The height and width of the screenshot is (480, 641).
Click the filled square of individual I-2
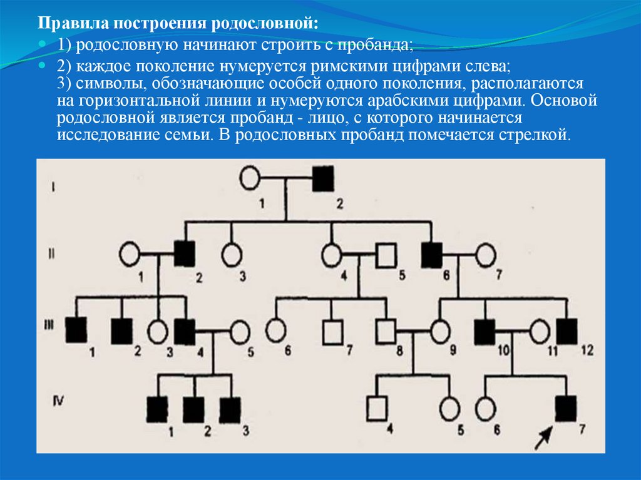pos(322,180)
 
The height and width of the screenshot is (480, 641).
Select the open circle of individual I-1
pos(250,178)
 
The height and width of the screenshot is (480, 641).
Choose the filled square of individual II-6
pos(432,254)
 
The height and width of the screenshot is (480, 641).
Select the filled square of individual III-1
pos(77,330)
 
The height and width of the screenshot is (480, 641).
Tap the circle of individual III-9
pos(441,330)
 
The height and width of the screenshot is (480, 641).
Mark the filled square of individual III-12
pos(567,331)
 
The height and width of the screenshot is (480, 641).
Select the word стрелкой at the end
pos(539,135)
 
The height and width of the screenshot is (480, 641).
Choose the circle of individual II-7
pos(485,255)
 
